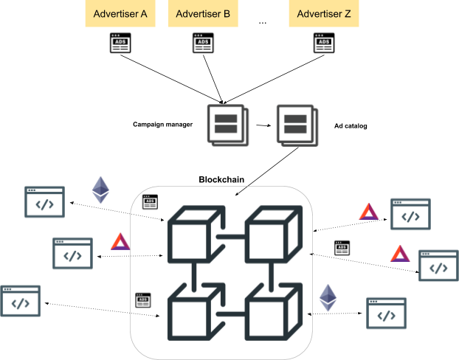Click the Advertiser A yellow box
[120, 13]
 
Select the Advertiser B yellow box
[203, 13]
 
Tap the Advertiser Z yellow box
[324, 13]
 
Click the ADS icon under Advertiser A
[120, 43]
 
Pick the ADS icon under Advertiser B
[203, 43]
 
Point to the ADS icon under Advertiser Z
[324, 43]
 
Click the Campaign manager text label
[163, 125]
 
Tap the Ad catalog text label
[351, 126]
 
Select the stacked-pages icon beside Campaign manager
[228, 125]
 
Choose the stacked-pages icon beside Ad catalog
[297, 125]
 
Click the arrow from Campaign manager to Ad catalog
[263, 125]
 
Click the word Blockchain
[221, 179]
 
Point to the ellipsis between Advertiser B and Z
[263, 23]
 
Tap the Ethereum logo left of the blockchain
[100, 190]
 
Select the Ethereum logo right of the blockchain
[328, 297]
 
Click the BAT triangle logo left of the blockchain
[120, 242]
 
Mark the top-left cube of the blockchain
[197, 234]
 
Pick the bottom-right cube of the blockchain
[274, 311]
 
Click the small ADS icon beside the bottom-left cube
[143, 300]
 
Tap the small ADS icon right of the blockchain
[342, 248]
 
